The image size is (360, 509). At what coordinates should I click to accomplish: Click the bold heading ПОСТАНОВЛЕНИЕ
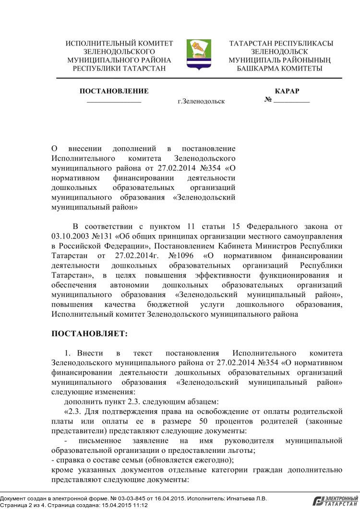[x=114, y=91]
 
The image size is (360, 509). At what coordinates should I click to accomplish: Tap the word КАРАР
[x=287, y=91]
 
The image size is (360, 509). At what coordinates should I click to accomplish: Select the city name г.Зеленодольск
[x=201, y=102]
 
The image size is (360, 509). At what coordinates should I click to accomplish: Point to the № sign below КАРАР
[x=268, y=100]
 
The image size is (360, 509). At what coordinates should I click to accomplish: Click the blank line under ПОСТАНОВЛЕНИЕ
[x=114, y=103]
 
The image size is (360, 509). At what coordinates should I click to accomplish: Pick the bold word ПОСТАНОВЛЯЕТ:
[x=89, y=333]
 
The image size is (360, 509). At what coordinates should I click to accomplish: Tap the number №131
[x=102, y=236]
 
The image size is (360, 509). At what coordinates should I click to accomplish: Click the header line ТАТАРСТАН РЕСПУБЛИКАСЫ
[x=281, y=44]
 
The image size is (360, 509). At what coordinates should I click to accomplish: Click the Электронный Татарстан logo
[x=336, y=501]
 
